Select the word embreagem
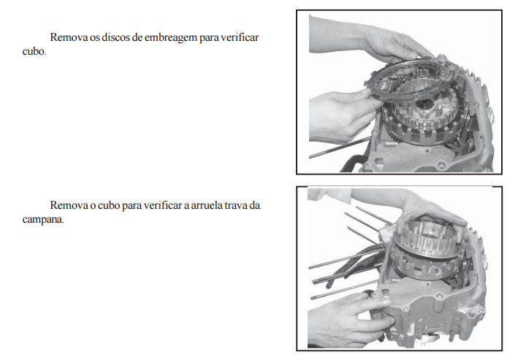pos(171,38)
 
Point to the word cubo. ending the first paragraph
pos(34,51)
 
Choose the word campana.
pos(43,220)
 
